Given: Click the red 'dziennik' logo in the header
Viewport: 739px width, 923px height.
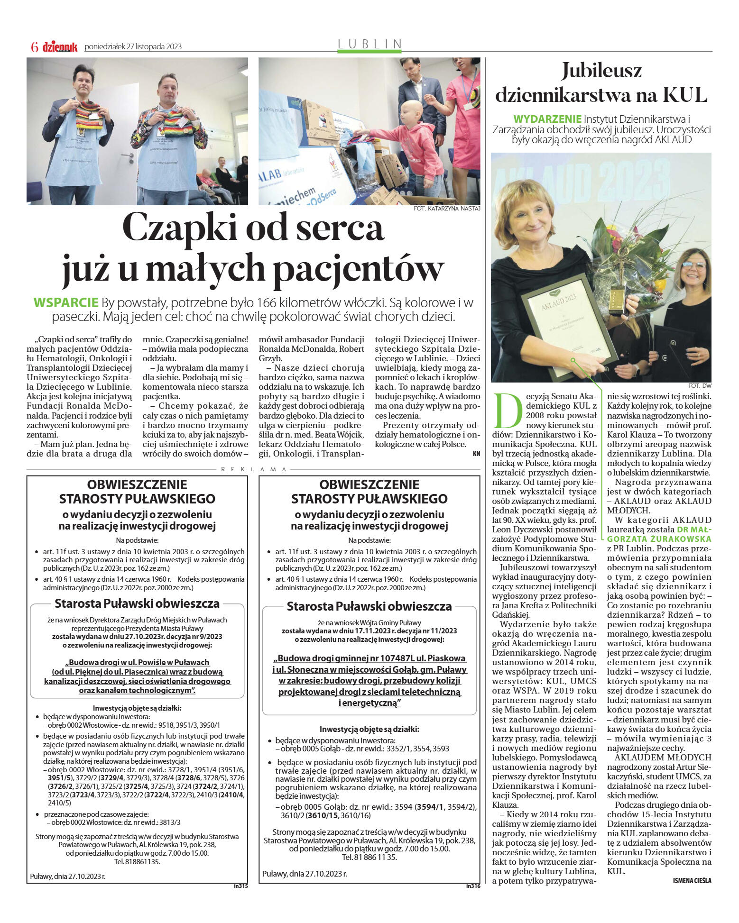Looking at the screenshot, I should click(60, 46).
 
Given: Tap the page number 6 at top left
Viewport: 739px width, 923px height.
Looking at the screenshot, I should click(34, 46).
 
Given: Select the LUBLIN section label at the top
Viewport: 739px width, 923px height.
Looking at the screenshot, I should click(370, 44).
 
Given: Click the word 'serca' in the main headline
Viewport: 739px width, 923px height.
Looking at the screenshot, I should click(337, 228).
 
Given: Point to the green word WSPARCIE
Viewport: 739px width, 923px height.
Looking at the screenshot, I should click(66, 303).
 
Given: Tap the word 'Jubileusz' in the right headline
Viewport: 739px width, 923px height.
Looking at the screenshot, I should click(601, 71).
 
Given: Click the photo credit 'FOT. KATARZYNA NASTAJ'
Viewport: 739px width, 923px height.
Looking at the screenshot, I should click(447, 208).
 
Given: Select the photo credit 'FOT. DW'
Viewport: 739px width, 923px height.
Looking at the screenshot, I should click(700, 385).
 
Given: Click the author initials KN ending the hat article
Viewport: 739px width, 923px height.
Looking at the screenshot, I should click(476, 454).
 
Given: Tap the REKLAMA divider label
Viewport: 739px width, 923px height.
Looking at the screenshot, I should click(254, 469).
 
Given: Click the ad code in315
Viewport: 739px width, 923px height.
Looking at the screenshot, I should click(240, 885).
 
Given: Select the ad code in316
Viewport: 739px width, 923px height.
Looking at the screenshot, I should click(473, 885).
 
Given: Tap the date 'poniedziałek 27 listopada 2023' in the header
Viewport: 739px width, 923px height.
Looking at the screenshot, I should click(133, 46).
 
